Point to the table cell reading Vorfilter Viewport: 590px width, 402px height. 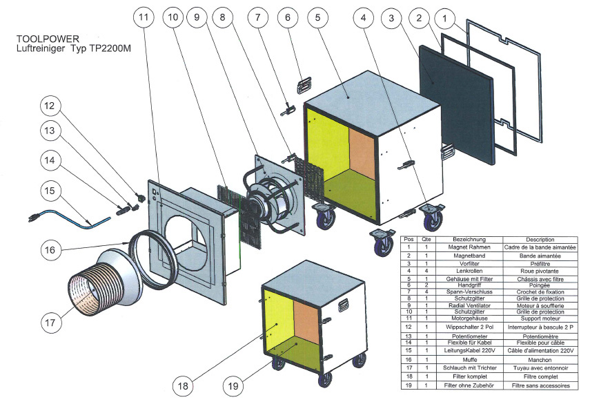click(x=469, y=264)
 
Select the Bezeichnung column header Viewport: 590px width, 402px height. click(x=469, y=238)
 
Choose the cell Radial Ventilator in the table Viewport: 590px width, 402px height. click(x=469, y=305)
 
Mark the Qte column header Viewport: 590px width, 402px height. click(x=429, y=238)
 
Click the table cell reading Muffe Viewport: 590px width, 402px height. click(x=469, y=359)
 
